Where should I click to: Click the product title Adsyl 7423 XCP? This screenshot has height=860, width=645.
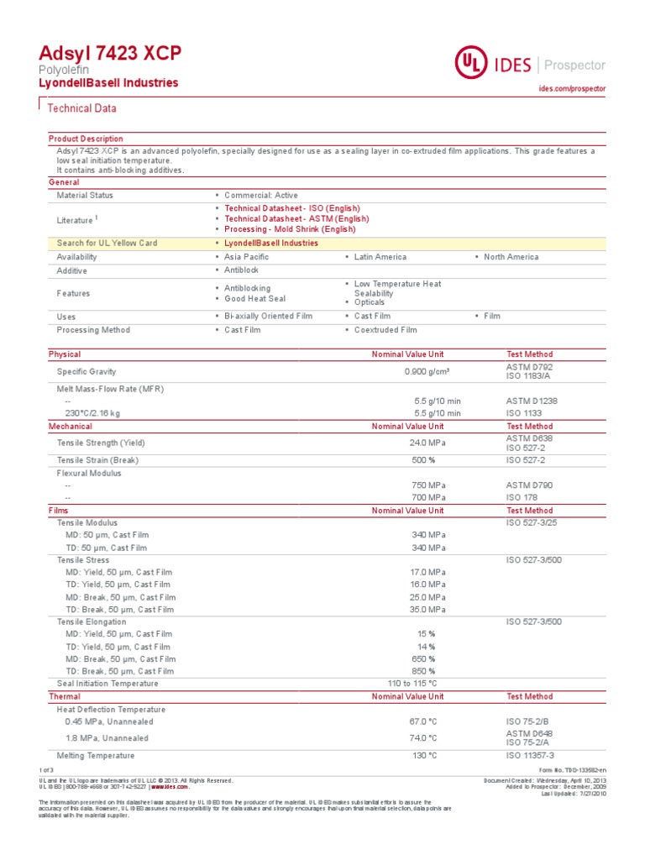click(x=109, y=54)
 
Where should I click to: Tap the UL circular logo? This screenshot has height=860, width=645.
click(x=471, y=63)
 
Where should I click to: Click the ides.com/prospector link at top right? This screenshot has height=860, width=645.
click(x=571, y=88)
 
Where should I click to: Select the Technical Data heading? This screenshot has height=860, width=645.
click(x=81, y=108)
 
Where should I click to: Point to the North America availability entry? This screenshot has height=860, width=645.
click(x=511, y=257)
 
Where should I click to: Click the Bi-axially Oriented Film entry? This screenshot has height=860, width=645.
click(x=268, y=317)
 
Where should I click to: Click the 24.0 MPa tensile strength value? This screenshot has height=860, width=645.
click(x=427, y=443)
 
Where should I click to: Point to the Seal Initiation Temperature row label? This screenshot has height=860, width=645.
click(x=107, y=684)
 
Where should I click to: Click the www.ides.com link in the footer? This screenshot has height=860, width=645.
click(x=170, y=787)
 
